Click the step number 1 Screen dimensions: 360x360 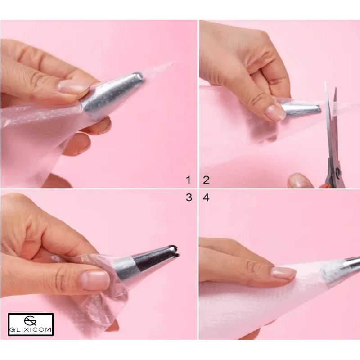pos(189,180)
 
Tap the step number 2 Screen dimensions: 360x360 pos(206,180)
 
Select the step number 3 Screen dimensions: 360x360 pos(189,198)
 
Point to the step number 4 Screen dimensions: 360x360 pos(206,198)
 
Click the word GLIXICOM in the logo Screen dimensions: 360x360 pos(31,330)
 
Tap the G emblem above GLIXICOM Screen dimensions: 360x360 pos(30,321)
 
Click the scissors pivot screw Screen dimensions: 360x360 pos(338,171)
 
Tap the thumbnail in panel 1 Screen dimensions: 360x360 pos(73,86)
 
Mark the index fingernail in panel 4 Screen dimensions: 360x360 pos(283,272)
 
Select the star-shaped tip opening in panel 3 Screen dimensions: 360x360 pos(175,251)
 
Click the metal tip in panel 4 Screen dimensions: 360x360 pos(351,264)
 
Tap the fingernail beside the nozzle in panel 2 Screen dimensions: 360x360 pos(274,113)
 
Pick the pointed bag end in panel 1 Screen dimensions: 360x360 pos(161,67)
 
